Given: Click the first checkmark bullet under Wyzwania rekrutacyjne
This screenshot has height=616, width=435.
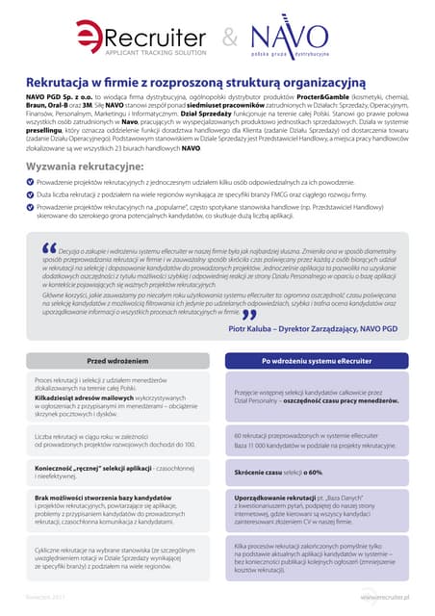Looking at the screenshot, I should point(30,182).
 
